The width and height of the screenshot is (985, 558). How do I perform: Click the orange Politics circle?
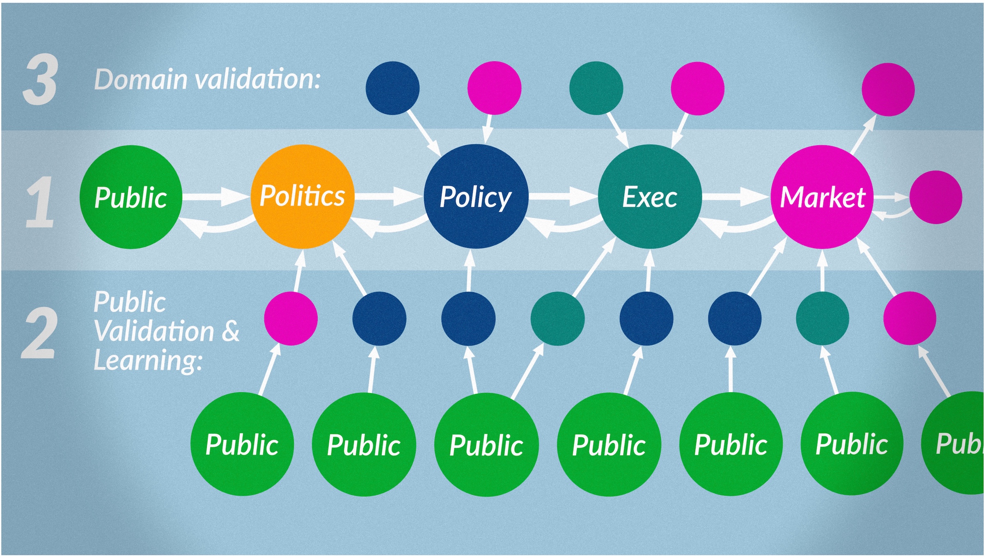tap(302, 197)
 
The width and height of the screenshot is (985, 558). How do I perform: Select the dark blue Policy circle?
tap(476, 197)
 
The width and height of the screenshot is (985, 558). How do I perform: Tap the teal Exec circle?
tap(650, 197)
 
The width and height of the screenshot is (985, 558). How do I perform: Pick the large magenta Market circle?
tap(822, 197)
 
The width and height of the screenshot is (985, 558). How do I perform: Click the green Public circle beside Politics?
tap(131, 197)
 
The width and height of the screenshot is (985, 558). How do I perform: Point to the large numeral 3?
tap(40, 79)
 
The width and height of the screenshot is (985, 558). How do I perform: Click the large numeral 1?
tap(40, 202)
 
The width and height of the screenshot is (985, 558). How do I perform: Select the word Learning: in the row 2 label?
tap(148, 361)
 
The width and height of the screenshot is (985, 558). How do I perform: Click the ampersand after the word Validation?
tap(230, 331)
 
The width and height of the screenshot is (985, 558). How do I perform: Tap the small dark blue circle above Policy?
tap(392, 88)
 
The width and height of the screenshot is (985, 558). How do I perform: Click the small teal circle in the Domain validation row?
tap(596, 88)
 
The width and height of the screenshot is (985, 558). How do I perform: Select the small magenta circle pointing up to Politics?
tap(291, 318)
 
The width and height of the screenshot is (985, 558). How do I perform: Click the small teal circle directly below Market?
tap(822, 318)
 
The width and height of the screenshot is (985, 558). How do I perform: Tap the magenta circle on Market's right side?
tap(936, 197)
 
